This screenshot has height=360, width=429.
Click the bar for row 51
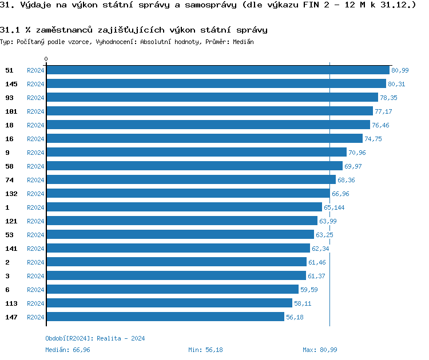tap(218, 70)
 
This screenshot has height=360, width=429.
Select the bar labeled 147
tap(165, 317)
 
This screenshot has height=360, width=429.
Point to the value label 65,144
tap(334, 207)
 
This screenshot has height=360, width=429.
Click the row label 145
tap(11, 84)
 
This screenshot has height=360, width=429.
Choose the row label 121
tap(11, 221)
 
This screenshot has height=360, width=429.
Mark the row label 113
tap(11, 303)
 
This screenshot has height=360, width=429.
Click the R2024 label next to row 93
tap(35, 98)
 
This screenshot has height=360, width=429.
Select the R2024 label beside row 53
tap(35, 235)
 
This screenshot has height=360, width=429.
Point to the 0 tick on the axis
tap(46, 59)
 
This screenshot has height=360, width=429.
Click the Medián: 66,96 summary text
tap(67, 350)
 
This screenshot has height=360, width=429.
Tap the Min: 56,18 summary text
tap(205, 350)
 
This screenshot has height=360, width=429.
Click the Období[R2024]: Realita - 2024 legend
tap(95, 338)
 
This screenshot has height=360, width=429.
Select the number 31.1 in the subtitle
tap(10, 29)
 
